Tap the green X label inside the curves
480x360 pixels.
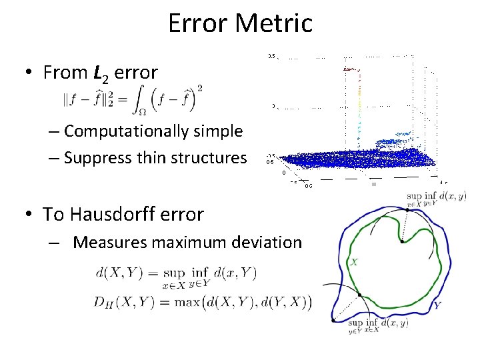[x=353, y=263]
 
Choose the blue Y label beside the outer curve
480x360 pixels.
[x=437, y=305]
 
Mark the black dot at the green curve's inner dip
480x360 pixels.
[x=402, y=242]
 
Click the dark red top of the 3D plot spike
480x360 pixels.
[x=349, y=69]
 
